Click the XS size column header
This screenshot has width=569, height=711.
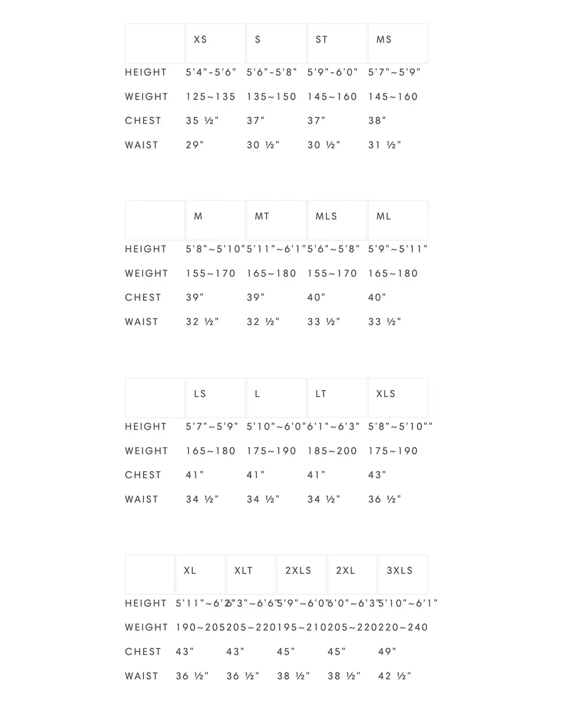(x=216, y=43)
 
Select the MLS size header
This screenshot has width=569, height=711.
(x=337, y=220)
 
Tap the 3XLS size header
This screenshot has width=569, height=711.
(x=403, y=574)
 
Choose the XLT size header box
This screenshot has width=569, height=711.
(x=251, y=574)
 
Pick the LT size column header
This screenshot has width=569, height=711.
(x=337, y=397)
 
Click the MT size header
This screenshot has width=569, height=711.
(x=276, y=220)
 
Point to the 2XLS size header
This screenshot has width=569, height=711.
(x=302, y=574)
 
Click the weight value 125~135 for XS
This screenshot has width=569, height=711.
(x=211, y=97)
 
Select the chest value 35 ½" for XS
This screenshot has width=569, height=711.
(x=202, y=121)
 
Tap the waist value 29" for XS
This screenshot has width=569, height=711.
(x=195, y=145)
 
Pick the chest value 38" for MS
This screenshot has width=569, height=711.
(x=377, y=121)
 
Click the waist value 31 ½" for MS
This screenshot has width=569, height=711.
(x=385, y=145)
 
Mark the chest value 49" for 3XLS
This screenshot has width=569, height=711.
(x=387, y=652)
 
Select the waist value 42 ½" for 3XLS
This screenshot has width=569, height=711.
(x=395, y=676)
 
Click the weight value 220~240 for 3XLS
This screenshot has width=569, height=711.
(x=403, y=627)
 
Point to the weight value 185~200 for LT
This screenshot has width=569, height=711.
(x=332, y=451)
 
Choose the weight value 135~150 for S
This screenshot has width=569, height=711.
(x=271, y=97)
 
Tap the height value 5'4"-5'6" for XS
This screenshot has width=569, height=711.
(x=211, y=72)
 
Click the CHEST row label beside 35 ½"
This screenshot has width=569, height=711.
(x=143, y=121)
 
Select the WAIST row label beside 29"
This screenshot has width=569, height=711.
(x=141, y=145)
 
